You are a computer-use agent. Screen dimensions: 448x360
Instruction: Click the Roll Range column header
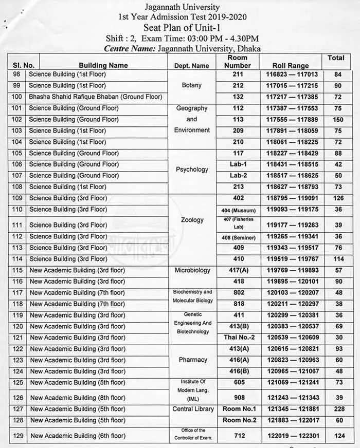tap(291, 66)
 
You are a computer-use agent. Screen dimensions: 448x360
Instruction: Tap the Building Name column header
tap(103, 66)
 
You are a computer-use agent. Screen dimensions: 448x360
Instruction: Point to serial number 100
tap(17, 97)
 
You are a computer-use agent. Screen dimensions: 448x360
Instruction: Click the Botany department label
tap(192, 85)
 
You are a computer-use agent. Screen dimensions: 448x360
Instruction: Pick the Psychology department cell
tap(192, 170)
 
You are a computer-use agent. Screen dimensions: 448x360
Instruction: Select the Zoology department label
tap(192, 220)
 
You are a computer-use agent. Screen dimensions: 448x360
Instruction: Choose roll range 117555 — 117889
tap(291, 120)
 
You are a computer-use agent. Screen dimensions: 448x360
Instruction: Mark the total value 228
tap(338, 409)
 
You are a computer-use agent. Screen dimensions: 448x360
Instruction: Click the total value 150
tap(338, 120)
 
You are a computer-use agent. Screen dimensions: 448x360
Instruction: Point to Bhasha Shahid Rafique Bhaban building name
tap(96, 97)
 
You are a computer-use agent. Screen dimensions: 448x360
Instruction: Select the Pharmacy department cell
tap(192, 360)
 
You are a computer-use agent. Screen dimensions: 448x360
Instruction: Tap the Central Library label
tap(192, 409)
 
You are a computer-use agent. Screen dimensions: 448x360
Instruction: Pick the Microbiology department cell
tap(192, 270)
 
